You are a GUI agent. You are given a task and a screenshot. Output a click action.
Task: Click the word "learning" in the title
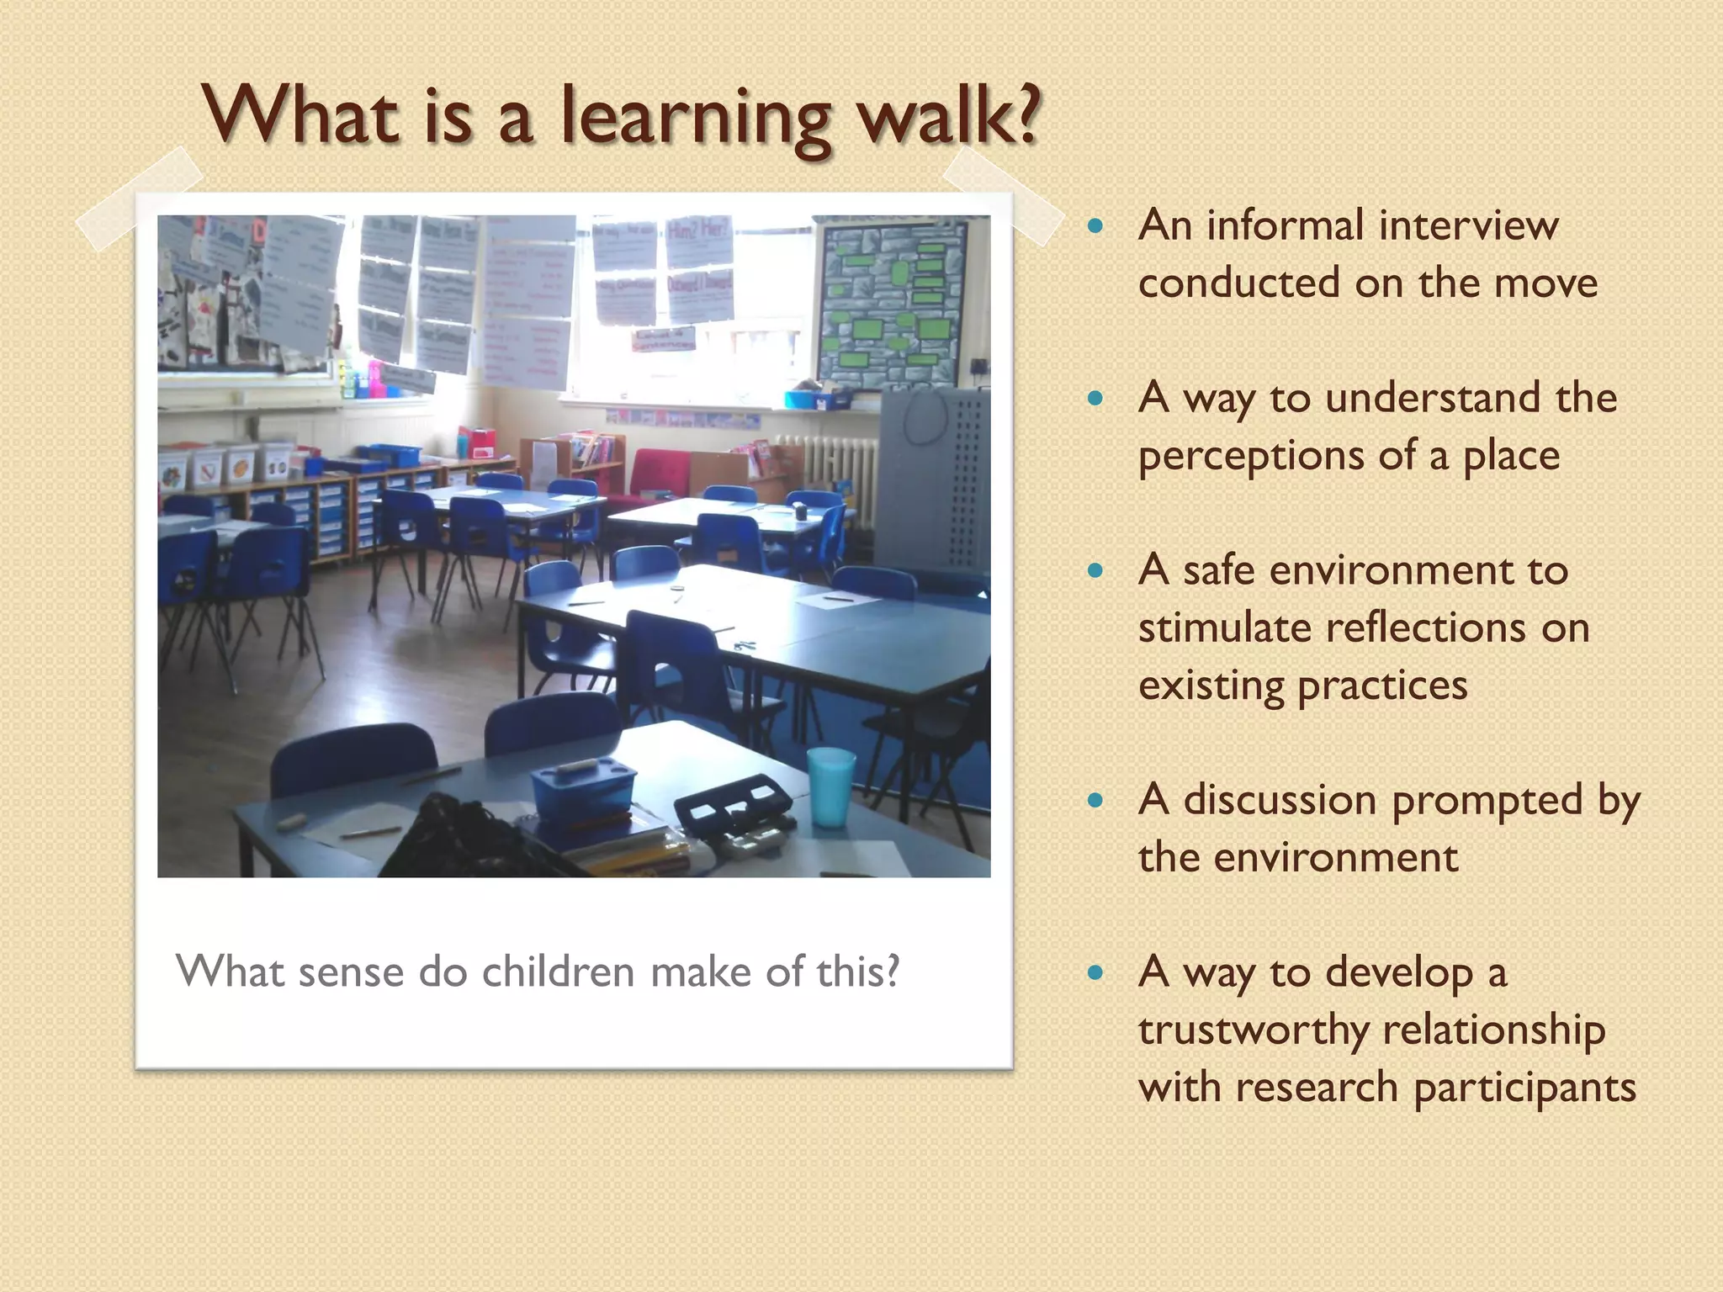pyautogui.click(x=698, y=118)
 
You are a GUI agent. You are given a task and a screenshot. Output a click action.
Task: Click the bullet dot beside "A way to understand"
pyautogui.click(x=1095, y=398)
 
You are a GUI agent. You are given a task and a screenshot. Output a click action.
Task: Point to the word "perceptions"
pyautogui.click(x=1250, y=457)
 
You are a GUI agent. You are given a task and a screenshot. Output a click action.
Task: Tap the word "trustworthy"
pyautogui.click(x=1253, y=1030)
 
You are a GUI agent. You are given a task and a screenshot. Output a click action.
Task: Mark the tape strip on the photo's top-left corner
pyautogui.click(x=140, y=199)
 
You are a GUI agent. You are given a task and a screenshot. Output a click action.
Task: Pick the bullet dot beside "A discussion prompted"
pyautogui.click(x=1095, y=800)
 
